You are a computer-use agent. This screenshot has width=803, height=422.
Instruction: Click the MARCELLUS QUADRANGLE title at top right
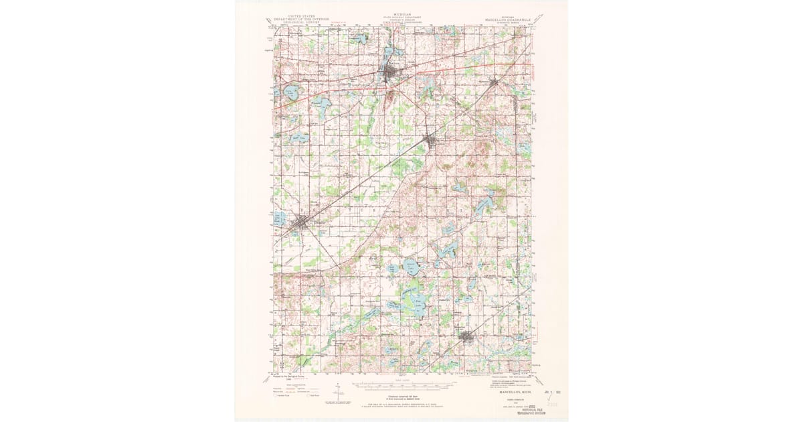point(507,20)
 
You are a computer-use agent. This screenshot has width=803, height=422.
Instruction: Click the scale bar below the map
point(401,386)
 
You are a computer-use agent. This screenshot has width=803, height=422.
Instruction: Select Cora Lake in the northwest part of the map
point(290,90)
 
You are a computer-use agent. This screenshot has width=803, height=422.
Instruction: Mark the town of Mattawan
point(494,83)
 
